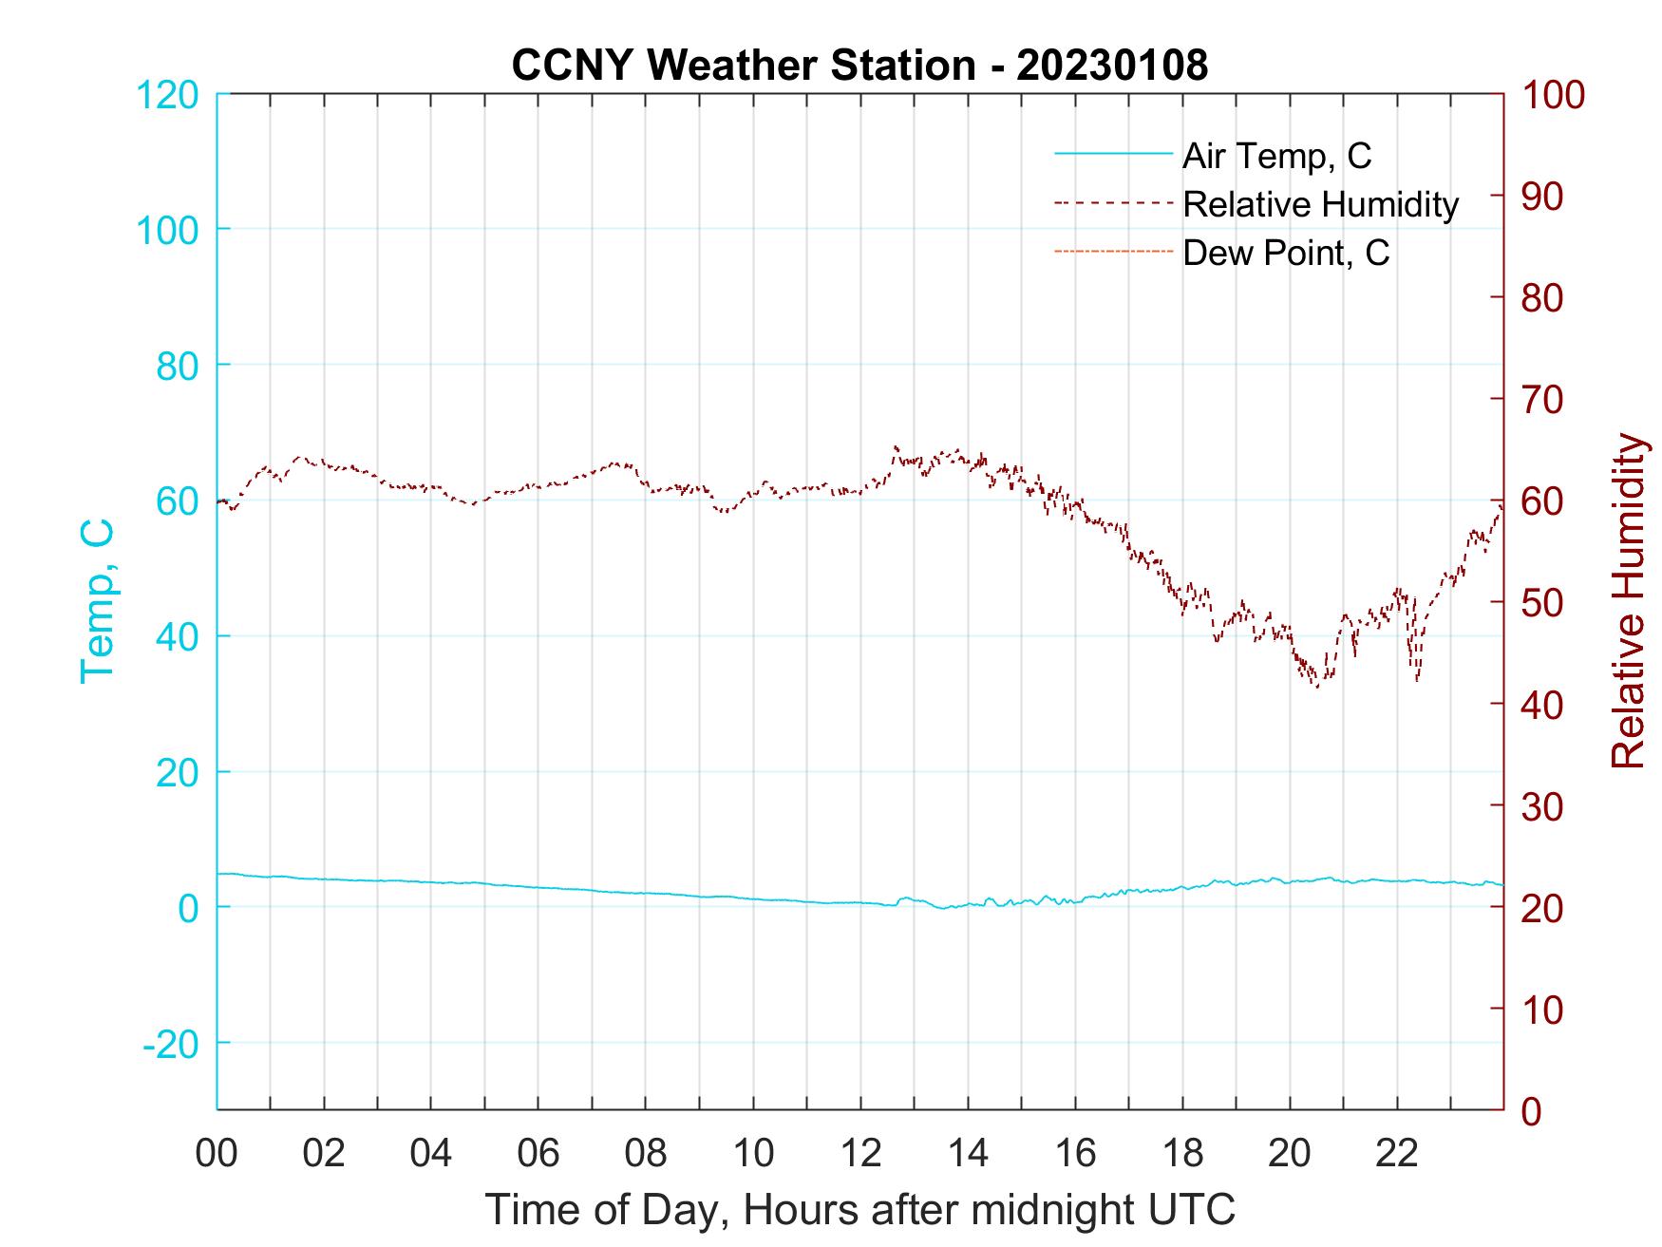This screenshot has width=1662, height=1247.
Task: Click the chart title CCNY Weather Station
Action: click(x=859, y=66)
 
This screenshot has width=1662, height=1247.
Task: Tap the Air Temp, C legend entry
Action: click(x=1276, y=156)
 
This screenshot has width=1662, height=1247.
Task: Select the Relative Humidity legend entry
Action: click(x=1320, y=204)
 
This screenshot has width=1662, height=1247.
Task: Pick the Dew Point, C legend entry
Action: click(x=1286, y=253)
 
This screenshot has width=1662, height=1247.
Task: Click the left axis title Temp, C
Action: click(x=97, y=600)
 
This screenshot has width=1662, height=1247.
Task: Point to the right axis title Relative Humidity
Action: click(x=1628, y=600)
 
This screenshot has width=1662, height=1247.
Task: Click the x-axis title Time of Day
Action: click(x=859, y=1209)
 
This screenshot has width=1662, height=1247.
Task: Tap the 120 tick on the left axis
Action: click(x=168, y=95)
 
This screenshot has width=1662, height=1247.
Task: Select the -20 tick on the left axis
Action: click(x=171, y=1043)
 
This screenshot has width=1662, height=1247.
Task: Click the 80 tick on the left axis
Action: click(x=177, y=366)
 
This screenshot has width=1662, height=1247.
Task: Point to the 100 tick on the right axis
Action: click(x=1553, y=95)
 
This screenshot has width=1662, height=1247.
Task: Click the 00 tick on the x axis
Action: click(x=217, y=1153)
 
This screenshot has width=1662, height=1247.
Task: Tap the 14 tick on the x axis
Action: click(x=968, y=1153)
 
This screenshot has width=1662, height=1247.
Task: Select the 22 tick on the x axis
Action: click(x=1397, y=1153)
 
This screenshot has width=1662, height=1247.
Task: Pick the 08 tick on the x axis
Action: click(x=646, y=1153)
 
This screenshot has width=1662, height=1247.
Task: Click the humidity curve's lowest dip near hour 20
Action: click(x=1317, y=686)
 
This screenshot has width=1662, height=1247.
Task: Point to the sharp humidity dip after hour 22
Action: click(x=1417, y=679)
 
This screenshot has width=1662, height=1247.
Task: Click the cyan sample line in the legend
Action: click(x=1113, y=155)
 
